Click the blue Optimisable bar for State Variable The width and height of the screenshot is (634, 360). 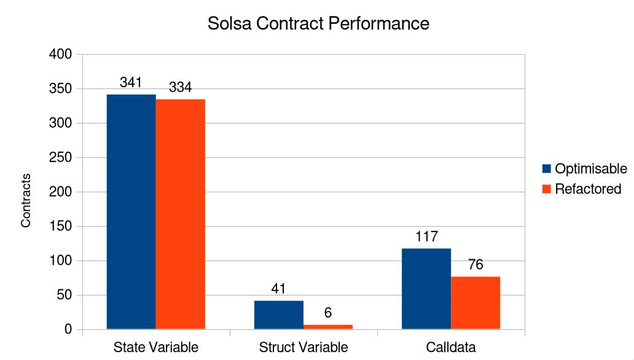pyautogui.click(x=131, y=212)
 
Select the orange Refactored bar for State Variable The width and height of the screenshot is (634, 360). pyautogui.click(x=180, y=214)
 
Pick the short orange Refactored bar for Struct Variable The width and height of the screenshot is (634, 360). pyautogui.click(x=327, y=327)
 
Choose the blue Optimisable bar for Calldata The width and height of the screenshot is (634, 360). pyautogui.click(x=426, y=289)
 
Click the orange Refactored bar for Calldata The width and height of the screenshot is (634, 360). pyautogui.click(x=475, y=303)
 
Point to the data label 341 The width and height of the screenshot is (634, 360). pyautogui.click(x=131, y=82)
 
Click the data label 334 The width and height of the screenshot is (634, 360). pyautogui.click(x=180, y=87)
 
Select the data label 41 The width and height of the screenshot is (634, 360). pyautogui.click(x=278, y=289)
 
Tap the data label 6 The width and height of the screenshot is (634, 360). pyautogui.click(x=328, y=313)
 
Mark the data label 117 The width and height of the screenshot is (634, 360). pyautogui.click(x=426, y=237)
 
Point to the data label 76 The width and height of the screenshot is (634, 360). pyautogui.click(x=475, y=265)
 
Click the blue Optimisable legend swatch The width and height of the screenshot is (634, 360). pyautogui.click(x=547, y=169)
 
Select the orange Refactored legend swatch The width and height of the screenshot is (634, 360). pyautogui.click(x=547, y=189)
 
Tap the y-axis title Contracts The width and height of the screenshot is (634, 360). pyautogui.click(x=26, y=200)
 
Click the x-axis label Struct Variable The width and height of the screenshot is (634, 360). pyautogui.click(x=303, y=347)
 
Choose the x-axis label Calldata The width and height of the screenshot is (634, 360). pyautogui.click(x=450, y=347)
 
